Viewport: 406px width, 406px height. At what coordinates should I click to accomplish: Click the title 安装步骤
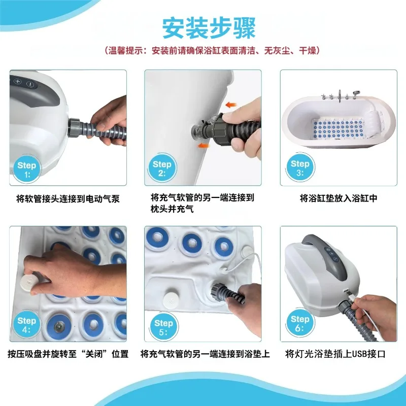click(x=209, y=28)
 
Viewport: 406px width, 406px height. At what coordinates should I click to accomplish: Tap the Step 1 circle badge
click(x=27, y=169)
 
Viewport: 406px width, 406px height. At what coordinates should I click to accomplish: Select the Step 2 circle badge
click(x=162, y=168)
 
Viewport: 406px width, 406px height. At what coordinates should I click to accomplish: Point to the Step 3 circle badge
click(x=300, y=167)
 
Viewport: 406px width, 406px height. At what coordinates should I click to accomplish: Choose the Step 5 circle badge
click(x=163, y=327)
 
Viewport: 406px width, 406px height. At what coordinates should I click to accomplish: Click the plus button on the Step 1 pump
click(x=18, y=81)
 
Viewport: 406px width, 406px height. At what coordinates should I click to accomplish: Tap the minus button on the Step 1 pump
click(x=30, y=84)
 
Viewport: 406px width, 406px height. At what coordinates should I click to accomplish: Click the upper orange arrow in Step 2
click(x=231, y=105)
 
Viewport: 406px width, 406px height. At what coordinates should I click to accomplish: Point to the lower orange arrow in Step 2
click(x=203, y=146)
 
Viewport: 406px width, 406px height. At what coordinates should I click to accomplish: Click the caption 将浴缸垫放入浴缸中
click(x=339, y=198)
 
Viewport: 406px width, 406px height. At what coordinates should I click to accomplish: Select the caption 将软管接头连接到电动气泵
click(x=68, y=199)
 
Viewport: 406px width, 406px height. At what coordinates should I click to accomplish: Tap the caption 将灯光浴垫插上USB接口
click(x=335, y=354)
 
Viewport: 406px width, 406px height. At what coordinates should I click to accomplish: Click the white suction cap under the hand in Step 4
click(x=29, y=283)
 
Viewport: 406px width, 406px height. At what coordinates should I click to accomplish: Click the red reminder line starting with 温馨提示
click(x=212, y=50)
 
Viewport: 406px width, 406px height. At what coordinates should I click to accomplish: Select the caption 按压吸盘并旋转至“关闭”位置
click(x=68, y=354)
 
